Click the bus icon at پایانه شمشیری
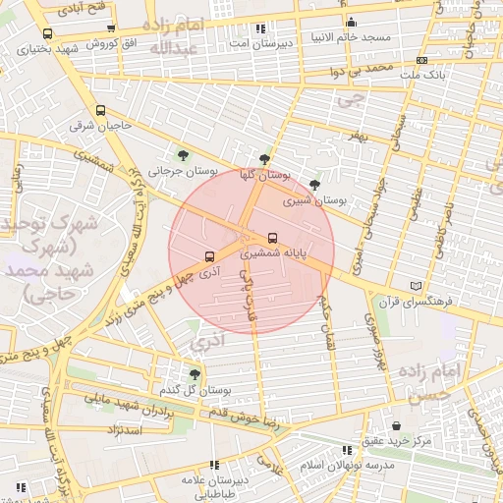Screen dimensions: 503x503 point(272,237)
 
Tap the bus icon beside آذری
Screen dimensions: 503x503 point(208,256)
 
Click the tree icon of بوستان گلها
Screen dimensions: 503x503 point(264,158)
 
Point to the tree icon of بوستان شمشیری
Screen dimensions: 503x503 point(314,184)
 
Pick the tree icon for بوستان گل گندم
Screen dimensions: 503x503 point(195,373)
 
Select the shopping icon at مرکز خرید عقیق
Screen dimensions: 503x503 point(396,425)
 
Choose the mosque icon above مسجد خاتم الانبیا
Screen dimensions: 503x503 point(351,22)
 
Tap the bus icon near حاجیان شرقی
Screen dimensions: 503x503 point(100,110)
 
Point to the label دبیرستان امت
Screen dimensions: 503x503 point(258,43)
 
